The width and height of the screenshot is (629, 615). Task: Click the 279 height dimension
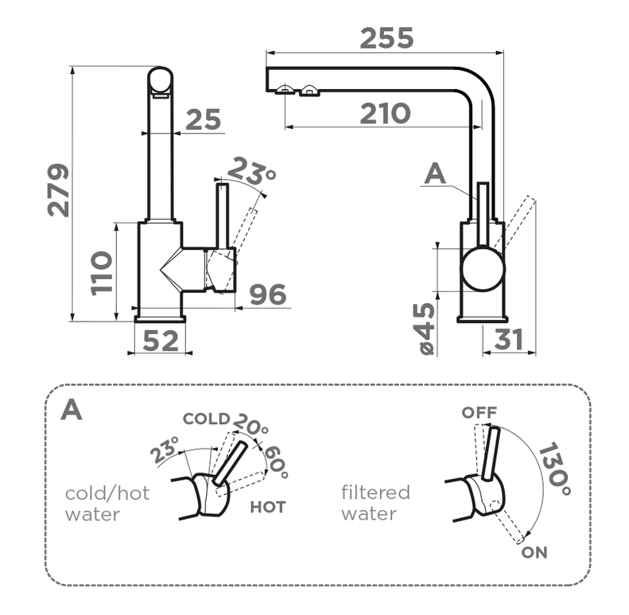(58, 191)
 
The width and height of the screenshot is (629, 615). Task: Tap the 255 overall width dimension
(386, 37)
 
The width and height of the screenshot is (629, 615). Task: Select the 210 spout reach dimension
(384, 114)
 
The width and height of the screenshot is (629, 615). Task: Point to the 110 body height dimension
(102, 273)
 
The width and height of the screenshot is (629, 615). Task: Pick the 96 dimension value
(267, 294)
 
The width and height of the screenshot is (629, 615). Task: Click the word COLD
(206, 418)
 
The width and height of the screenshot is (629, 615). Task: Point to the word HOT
(267, 506)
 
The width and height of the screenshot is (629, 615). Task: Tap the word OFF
(479, 412)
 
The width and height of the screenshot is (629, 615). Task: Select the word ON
(535, 552)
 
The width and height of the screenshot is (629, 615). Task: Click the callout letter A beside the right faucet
(435, 173)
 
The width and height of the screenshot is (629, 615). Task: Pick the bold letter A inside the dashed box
(72, 409)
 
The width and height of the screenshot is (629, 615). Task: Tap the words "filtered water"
(375, 503)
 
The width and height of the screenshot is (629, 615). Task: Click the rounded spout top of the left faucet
(161, 80)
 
